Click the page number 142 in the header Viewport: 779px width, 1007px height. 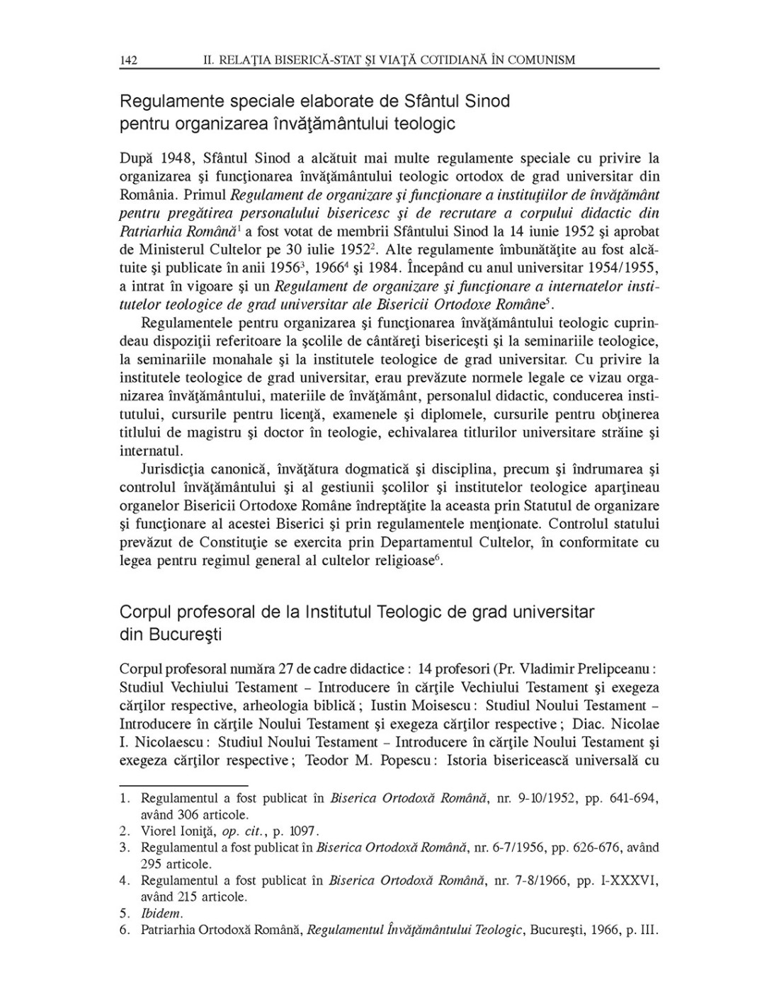click(x=128, y=60)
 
